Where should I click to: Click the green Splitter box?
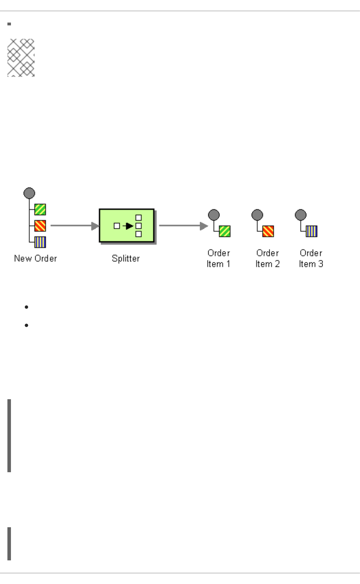pos(126,226)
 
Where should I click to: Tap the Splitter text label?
pos(126,258)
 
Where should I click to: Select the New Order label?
pos(35,258)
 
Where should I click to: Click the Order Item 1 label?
pos(218,258)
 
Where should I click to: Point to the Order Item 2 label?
pos(268,258)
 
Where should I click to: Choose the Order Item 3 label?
pos(311,258)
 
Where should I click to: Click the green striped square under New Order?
pos(40,209)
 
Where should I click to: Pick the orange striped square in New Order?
pos(40,226)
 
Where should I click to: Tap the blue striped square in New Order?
pos(40,242)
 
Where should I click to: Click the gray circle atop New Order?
pos(29,193)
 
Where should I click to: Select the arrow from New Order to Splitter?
pos(74,226)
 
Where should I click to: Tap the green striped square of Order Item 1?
pos(225,231)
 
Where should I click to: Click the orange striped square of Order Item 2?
pos(268,231)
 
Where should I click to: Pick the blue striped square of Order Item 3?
pos(312,231)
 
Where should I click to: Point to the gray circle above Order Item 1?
pos(214,215)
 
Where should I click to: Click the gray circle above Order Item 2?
pos(257,215)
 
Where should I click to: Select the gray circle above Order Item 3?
pos(301,215)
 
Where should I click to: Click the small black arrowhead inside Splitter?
pos(129,226)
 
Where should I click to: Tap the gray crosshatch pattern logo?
pos(21,57)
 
